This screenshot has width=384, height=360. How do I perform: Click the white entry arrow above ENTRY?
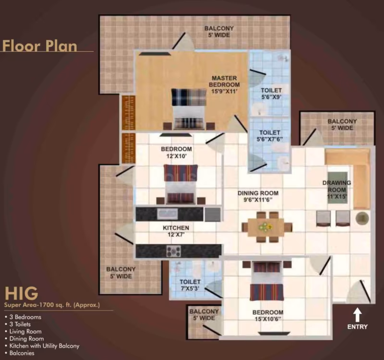point(357,315)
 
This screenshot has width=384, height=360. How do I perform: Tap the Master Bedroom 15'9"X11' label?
point(224,85)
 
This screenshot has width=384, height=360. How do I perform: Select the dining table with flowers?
point(266,227)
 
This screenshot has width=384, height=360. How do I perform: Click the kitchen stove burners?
point(174,251)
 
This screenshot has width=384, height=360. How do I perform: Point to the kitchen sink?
point(168,214)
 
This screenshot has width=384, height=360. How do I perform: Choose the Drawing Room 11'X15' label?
point(337,190)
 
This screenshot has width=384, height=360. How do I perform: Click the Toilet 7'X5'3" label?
point(190,285)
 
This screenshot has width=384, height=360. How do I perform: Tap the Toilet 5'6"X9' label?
point(271,94)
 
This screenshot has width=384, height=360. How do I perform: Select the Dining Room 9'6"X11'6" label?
point(258,196)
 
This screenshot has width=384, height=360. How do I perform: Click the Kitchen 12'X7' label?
point(176,231)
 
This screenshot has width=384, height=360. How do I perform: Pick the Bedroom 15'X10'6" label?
point(268,316)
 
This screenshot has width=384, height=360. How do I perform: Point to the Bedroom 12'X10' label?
point(176,152)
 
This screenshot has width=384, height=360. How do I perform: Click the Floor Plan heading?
point(40,46)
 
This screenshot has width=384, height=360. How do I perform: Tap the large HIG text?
point(22,293)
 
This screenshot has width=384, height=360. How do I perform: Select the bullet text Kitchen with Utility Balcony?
point(44,346)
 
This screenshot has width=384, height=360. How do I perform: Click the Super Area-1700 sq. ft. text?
point(52,305)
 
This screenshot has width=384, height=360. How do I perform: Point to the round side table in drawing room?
point(362,218)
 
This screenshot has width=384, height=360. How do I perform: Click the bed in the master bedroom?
point(189,109)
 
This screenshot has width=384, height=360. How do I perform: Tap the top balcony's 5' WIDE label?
point(219,35)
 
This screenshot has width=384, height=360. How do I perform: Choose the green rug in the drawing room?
point(337,188)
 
